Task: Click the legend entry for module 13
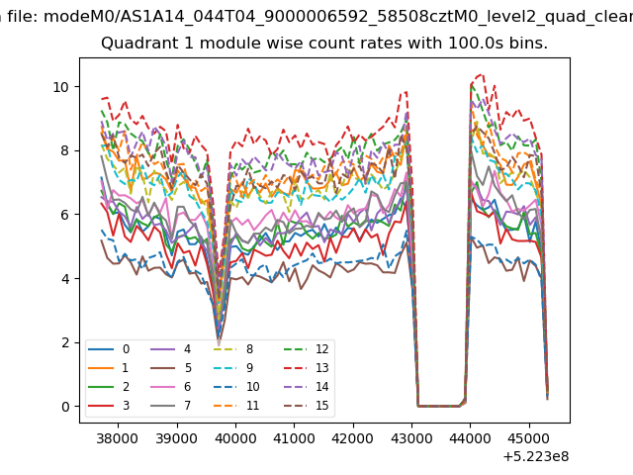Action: [x=307, y=368]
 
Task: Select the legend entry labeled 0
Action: [x=109, y=349]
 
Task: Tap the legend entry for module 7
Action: [x=170, y=405]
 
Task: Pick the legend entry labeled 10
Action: [x=235, y=387]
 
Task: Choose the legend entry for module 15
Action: [x=307, y=405]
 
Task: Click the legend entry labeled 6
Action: [x=170, y=387]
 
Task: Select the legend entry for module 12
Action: [x=307, y=349]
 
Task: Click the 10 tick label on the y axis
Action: [x=61, y=87]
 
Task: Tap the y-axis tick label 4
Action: [x=66, y=279]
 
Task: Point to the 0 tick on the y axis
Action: [x=66, y=407]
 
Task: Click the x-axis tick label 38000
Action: [x=118, y=438]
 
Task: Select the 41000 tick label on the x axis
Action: [x=294, y=438]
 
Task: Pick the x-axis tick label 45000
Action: [x=529, y=438]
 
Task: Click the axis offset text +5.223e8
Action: [x=536, y=457]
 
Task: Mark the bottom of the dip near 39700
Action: [x=219, y=344]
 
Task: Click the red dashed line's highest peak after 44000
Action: [x=480, y=75]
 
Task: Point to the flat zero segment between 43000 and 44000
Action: [x=439, y=406]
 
